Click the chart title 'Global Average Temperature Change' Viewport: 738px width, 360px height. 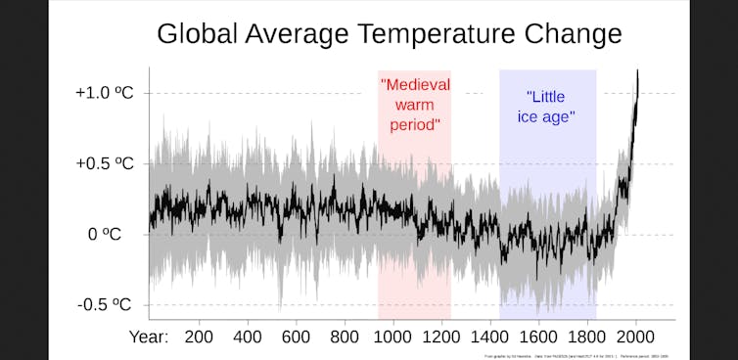tap(389, 34)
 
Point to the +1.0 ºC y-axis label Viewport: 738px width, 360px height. tap(104, 93)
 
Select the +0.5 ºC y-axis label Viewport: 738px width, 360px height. tap(104, 163)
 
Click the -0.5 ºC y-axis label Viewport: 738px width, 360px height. tap(105, 305)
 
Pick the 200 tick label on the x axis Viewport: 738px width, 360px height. tap(199, 337)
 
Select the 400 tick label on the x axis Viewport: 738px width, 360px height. tap(248, 337)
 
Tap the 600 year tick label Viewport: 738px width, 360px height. tap(297, 337)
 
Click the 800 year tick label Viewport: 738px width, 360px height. tap(345, 337)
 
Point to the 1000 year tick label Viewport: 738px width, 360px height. tap(392, 337)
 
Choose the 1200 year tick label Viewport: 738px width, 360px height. tap(441, 337)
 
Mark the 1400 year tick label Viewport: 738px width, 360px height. tap(490, 337)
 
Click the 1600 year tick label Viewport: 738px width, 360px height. tap(539, 337)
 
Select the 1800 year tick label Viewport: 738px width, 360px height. tap(587, 337)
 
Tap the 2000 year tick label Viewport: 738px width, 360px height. tap(636, 337)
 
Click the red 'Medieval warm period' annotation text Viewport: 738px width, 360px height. tap(415, 105)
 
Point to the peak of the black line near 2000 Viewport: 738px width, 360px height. tap(638, 71)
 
